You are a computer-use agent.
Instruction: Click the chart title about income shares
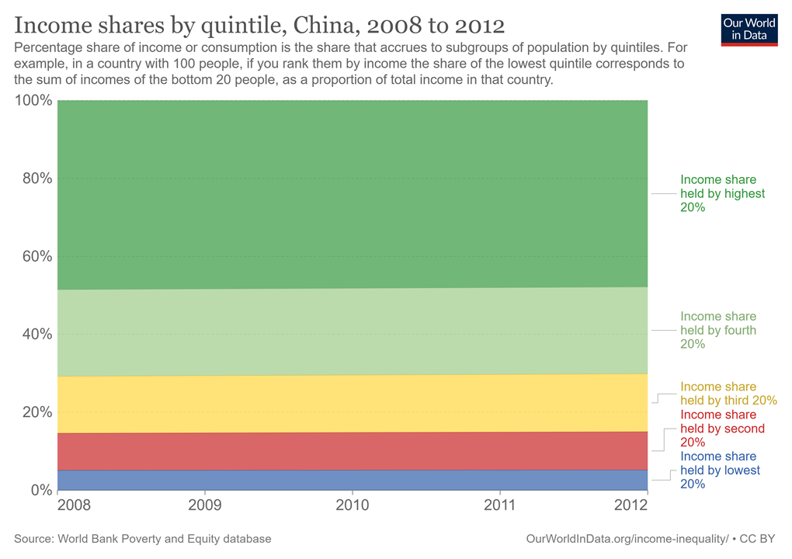pyautogui.click(x=259, y=25)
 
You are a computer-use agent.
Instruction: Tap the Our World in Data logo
pyautogui.click(x=749, y=29)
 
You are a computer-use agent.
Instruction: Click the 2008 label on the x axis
pyautogui.click(x=57, y=505)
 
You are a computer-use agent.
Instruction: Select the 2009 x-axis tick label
pyautogui.click(x=205, y=505)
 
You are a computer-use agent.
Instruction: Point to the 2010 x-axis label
pyautogui.click(x=353, y=505)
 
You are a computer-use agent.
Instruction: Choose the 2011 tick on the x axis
pyautogui.click(x=500, y=505)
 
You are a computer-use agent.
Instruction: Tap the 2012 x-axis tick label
pyautogui.click(x=631, y=505)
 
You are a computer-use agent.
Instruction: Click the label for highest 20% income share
pyautogui.click(x=722, y=193)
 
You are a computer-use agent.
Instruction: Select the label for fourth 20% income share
pyautogui.click(x=717, y=330)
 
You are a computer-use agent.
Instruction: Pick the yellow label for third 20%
pyautogui.click(x=728, y=394)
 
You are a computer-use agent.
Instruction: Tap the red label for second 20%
pyautogui.click(x=722, y=429)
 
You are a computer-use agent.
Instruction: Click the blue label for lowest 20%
pyautogui.click(x=720, y=470)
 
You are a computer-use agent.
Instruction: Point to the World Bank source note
pyautogui.click(x=143, y=538)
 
